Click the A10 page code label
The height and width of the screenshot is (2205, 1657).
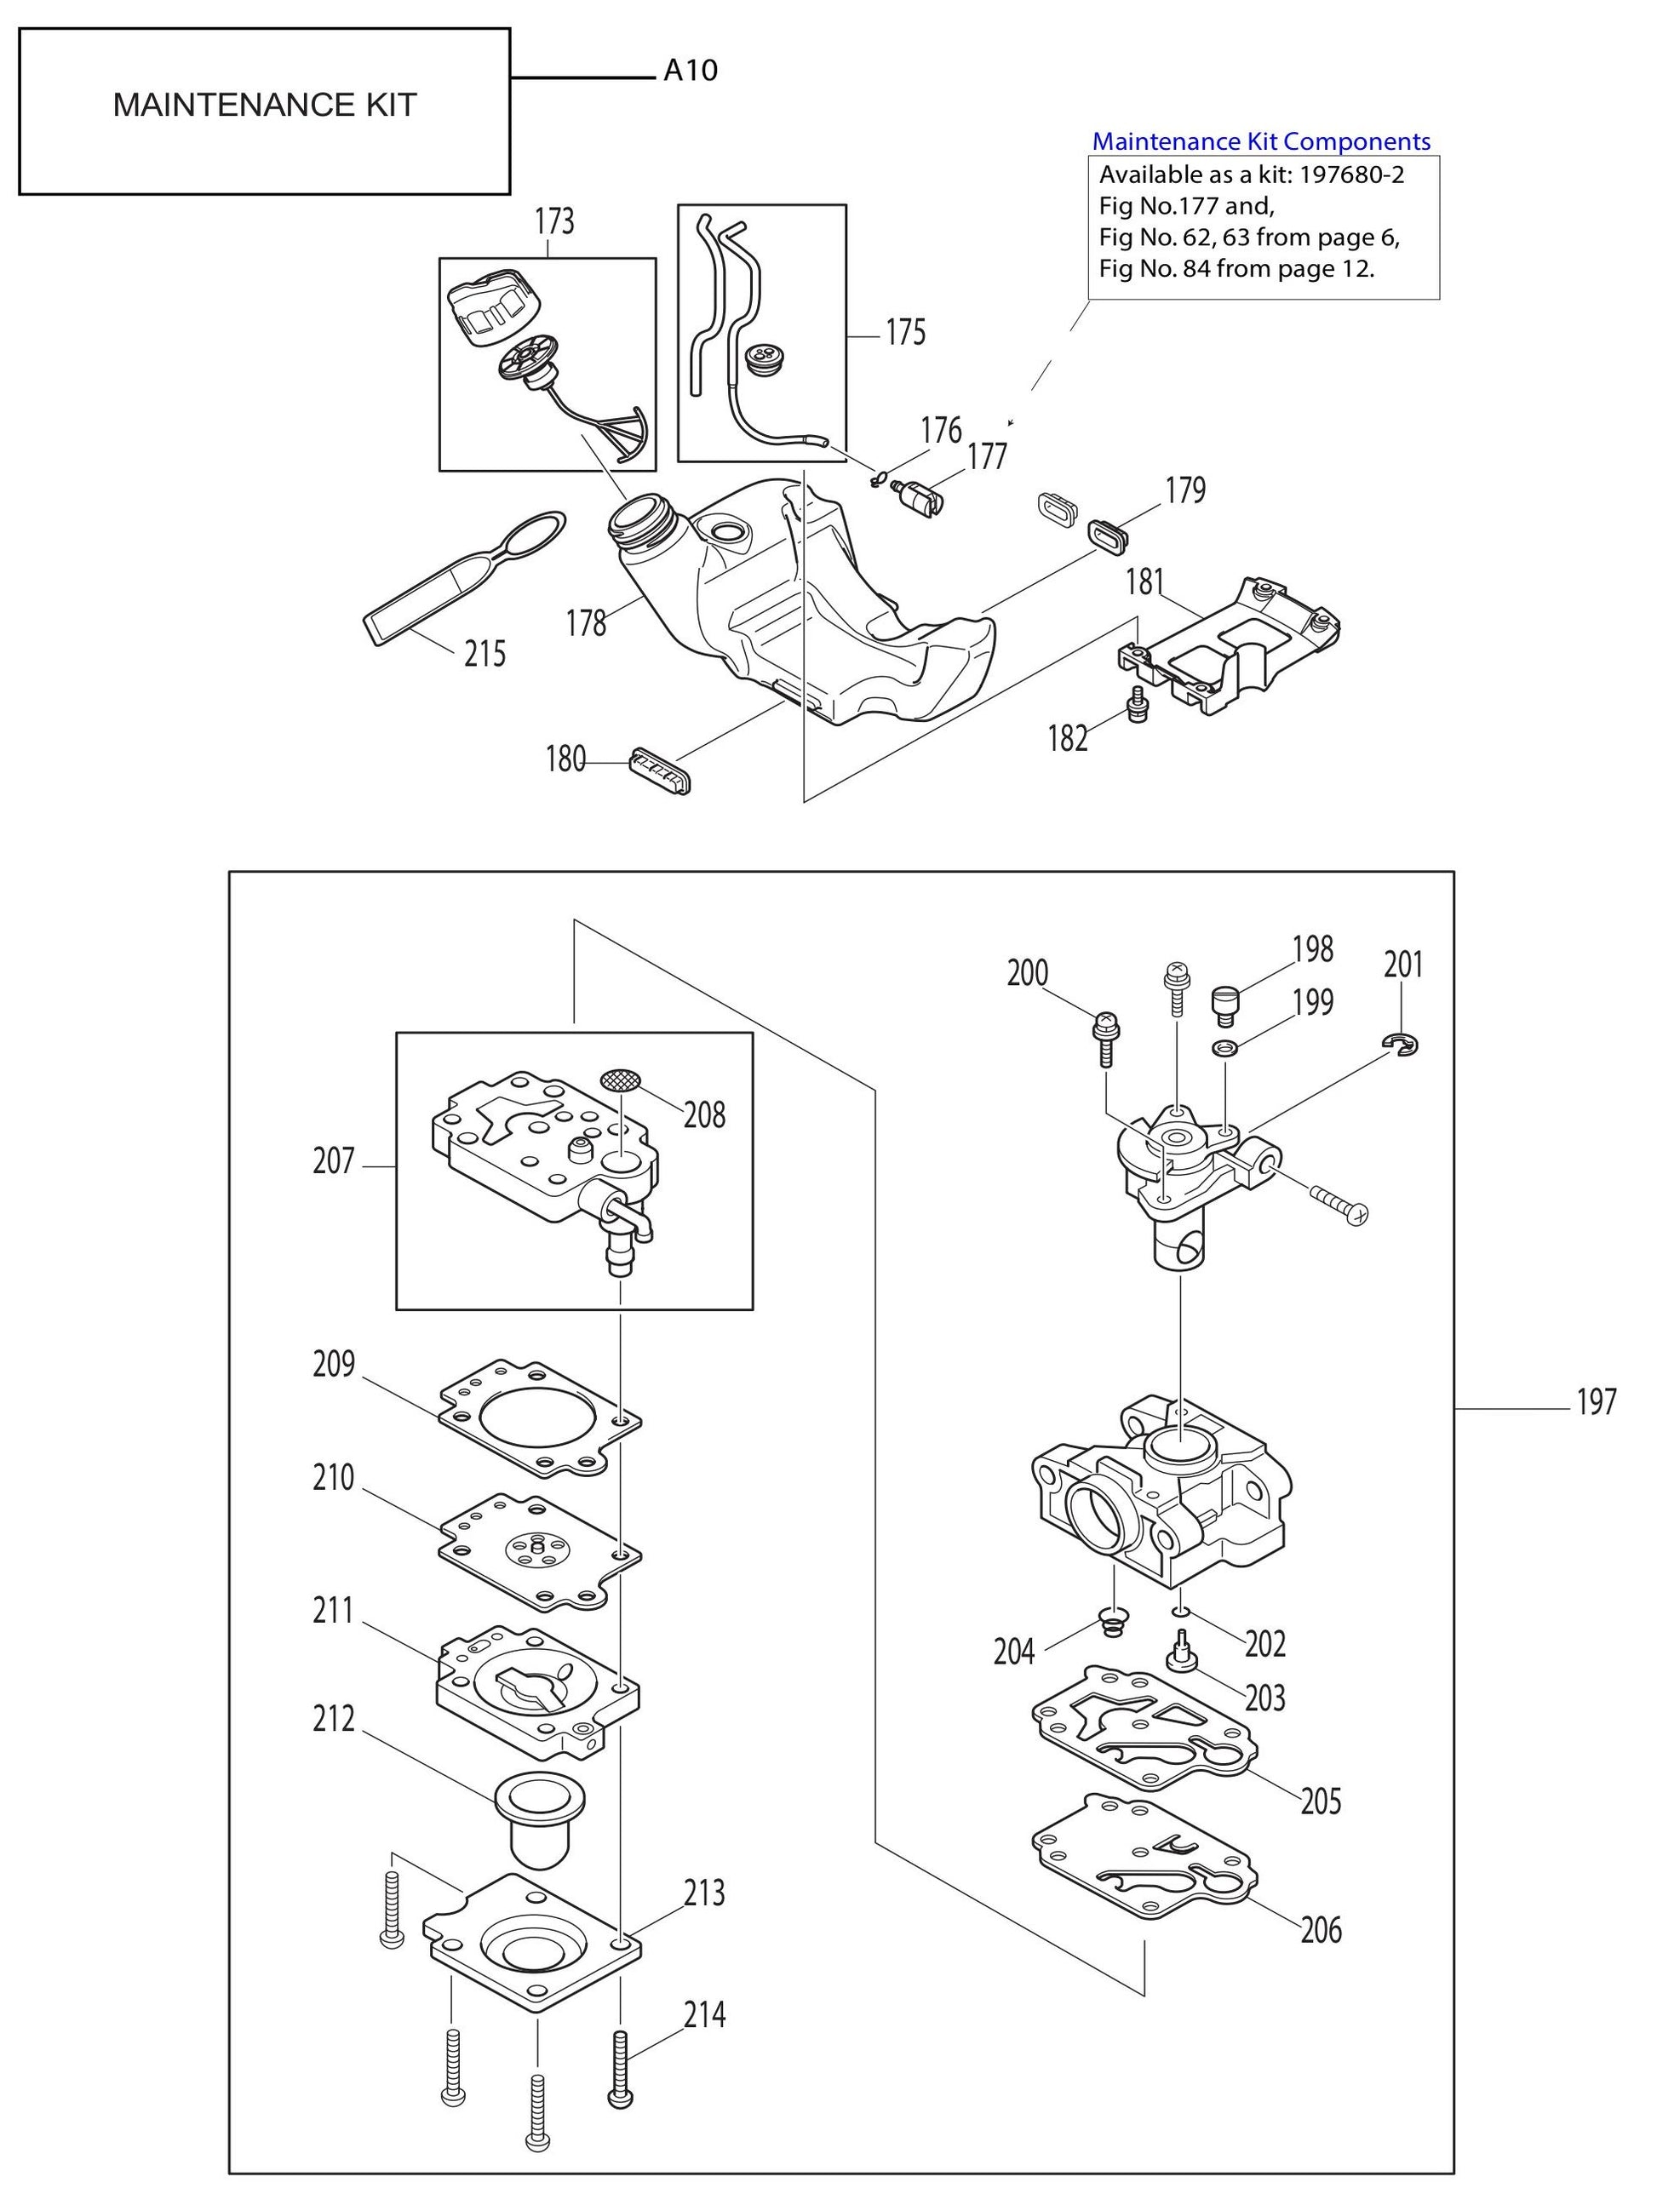690,71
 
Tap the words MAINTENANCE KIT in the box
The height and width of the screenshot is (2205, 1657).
264,106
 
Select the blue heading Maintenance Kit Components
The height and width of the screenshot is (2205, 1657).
1260,141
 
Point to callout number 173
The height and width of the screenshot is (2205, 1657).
554,221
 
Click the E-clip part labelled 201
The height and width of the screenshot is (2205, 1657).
1401,1043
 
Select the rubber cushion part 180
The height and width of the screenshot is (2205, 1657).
659,771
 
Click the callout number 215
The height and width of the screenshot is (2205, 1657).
484,654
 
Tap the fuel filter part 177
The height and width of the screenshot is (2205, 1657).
916,495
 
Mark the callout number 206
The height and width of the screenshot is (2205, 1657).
1320,1930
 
